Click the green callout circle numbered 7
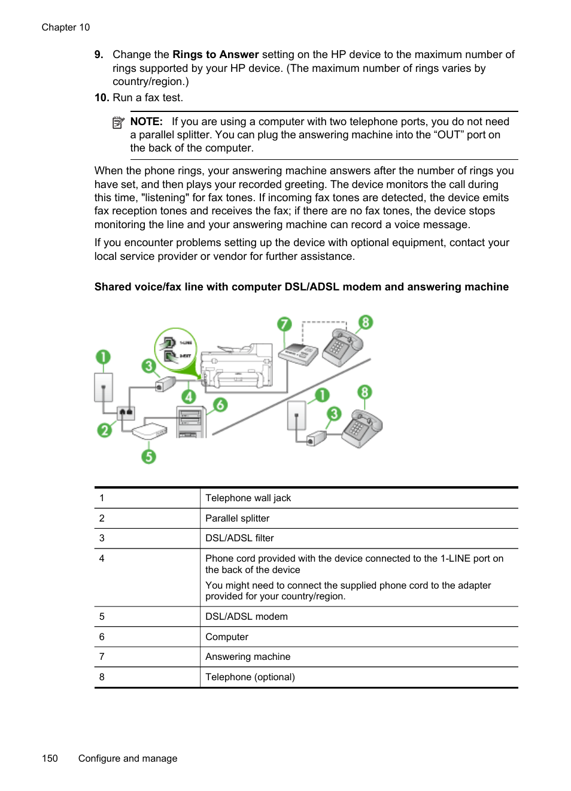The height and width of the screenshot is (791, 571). (284, 325)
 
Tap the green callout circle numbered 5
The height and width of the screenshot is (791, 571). (148, 456)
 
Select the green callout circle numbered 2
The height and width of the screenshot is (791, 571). (105, 430)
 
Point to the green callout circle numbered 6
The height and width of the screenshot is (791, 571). (220, 405)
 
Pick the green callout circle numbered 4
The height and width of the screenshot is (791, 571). (189, 396)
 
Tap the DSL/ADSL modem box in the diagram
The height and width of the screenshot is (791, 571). (149, 431)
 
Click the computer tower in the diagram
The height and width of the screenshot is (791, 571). (191, 422)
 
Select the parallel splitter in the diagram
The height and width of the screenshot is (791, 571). (126, 413)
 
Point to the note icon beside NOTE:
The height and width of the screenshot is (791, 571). (118, 123)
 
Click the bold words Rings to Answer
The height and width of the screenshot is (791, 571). (215, 54)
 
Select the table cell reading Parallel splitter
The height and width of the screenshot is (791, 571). (238, 519)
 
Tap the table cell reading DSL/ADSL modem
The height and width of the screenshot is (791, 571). (247, 617)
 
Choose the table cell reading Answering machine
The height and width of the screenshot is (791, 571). (248, 657)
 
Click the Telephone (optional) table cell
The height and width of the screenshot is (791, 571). (250, 677)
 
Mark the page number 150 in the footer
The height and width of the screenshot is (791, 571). (50, 759)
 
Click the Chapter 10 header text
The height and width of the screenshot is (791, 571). (66, 28)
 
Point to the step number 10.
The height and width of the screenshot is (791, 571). (101, 98)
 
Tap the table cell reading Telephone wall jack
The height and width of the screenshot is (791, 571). (248, 498)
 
